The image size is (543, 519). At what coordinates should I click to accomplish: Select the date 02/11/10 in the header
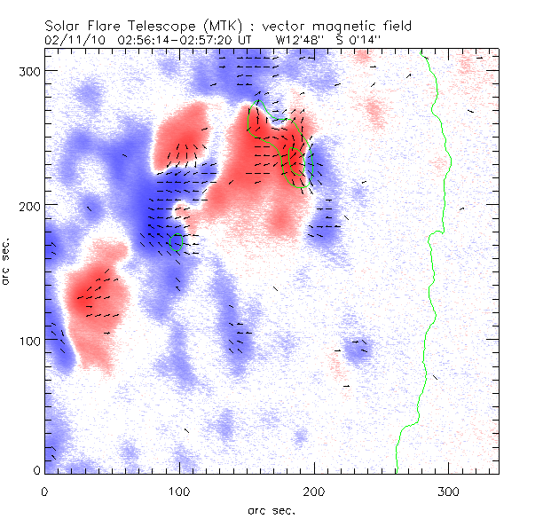coord(72,40)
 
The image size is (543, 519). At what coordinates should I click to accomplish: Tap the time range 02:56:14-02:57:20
coord(169,40)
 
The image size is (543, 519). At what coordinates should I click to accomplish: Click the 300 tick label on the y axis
coord(26,70)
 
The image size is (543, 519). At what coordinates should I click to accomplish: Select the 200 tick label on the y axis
coord(26,206)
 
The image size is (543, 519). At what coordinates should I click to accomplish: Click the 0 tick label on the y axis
coord(35,471)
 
